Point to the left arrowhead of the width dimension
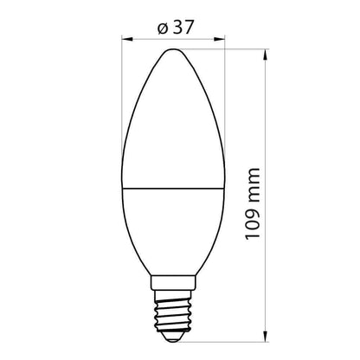[x=127, y=38]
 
